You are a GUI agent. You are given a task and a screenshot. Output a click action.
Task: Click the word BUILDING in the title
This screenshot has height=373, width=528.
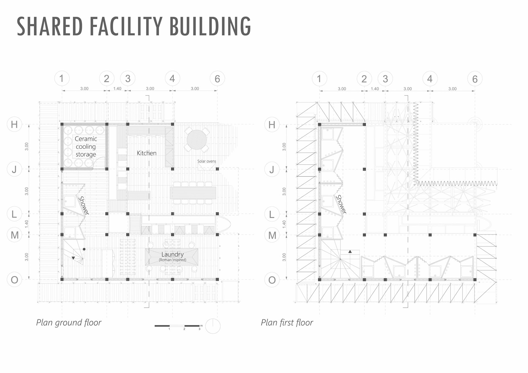click(210, 26)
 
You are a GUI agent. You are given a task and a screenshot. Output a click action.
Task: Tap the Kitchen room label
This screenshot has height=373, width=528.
click(147, 153)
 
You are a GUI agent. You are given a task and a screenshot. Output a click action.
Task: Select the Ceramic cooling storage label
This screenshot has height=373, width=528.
click(86, 147)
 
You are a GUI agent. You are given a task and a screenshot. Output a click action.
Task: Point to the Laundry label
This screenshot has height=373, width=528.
click(172, 255)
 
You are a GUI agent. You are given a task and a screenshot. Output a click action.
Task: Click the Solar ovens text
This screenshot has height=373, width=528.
click(207, 161)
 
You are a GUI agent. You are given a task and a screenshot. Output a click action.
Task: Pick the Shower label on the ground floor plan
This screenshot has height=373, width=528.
click(84, 205)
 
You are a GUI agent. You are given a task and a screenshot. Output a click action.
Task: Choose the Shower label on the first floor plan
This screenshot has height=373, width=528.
click(341, 204)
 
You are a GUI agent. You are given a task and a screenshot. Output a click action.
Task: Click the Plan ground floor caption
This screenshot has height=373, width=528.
click(69, 322)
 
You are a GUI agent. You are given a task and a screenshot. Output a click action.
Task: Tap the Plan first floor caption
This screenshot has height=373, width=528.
click(287, 322)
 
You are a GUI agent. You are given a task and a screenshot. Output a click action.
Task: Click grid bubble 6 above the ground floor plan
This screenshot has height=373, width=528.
click(217, 79)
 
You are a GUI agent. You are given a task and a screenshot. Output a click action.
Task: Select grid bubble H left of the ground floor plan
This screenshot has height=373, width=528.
click(14, 125)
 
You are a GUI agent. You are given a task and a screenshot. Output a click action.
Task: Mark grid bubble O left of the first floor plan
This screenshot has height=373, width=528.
click(272, 280)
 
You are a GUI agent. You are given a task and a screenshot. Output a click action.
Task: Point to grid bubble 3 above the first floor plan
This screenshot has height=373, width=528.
click(385, 79)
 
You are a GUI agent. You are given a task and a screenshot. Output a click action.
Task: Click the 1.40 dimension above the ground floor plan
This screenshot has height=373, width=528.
click(117, 89)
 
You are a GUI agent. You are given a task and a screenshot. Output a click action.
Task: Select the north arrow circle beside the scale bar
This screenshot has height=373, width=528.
click(213, 326)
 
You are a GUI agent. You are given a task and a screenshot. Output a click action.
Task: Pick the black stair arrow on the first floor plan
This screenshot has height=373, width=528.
click(350, 252)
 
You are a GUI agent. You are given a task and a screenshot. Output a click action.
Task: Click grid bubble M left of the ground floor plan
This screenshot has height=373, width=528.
click(15, 235)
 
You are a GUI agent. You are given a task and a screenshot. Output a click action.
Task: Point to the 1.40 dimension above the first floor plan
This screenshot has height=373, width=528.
click(375, 89)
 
